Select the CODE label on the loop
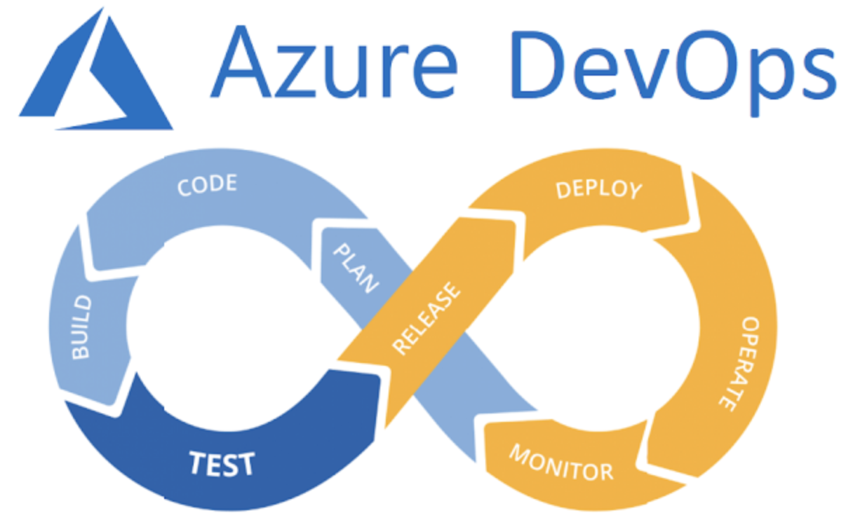coord(207,186)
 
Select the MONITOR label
coord(560,463)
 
